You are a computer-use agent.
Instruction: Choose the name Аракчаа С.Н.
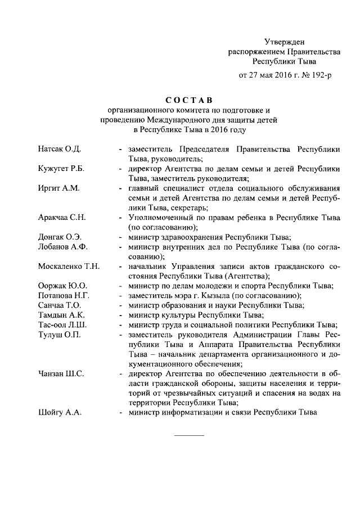62,217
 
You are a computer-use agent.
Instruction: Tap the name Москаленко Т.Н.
69,266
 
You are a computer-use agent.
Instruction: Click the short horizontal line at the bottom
189,436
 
